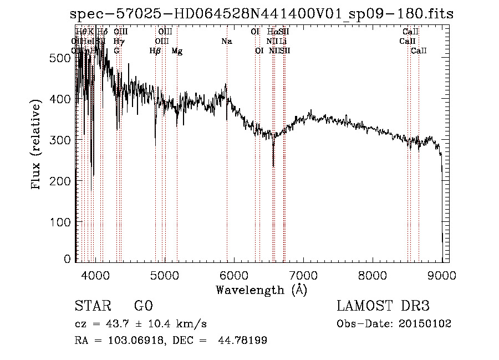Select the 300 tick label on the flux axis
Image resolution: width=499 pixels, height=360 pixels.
coord(63,140)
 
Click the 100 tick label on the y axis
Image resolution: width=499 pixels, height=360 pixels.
coord(63,222)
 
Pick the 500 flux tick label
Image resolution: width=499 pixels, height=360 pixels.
coord(63,58)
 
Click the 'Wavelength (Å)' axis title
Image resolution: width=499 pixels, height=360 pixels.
coord(261,290)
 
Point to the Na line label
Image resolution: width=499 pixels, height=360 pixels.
coord(226,42)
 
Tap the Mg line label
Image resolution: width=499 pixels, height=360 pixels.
coord(177,51)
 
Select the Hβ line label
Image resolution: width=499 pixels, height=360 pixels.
coord(155,51)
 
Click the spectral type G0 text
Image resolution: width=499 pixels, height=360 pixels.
coord(143,306)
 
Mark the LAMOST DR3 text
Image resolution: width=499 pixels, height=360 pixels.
coord(383,306)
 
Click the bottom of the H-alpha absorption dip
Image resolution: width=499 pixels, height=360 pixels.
coord(273,166)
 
